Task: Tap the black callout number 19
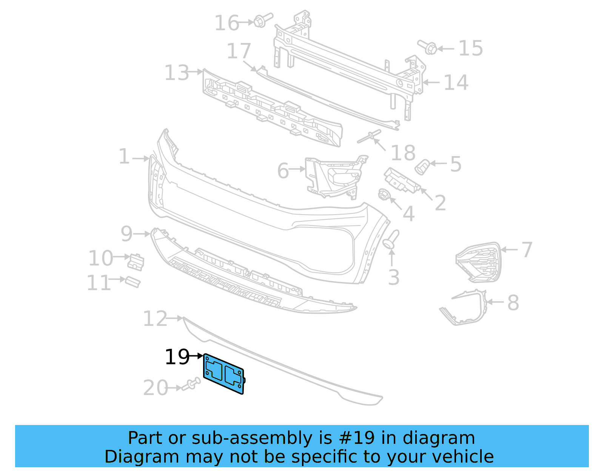click(177, 357)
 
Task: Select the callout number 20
click(156, 388)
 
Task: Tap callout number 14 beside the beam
click(456, 82)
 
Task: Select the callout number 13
click(177, 73)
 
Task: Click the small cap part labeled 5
click(422, 167)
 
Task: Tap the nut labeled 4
click(384, 195)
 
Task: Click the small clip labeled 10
click(136, 262)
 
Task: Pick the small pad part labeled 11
click(133, 282)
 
